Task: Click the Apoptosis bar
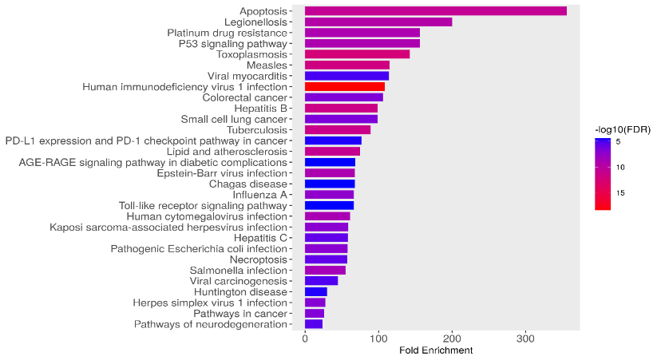tap(435, 11)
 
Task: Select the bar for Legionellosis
tap(378, 22)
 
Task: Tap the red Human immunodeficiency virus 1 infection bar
tap(344, 86)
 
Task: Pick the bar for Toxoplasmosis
tap(357, 54)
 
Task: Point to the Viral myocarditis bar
tap(346, 76)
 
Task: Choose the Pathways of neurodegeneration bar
tap(314, 324)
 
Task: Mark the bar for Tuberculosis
tap(338, 129)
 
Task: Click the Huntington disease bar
tap(316, 291)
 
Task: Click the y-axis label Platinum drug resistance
tap(226, 33)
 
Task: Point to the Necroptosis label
tap(258, 259)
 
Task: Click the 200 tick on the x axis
tap(452, 339)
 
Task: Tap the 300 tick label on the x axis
tap(525, 339)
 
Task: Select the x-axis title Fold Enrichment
tap(436, 350)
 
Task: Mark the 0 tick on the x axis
tap(305, 339)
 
